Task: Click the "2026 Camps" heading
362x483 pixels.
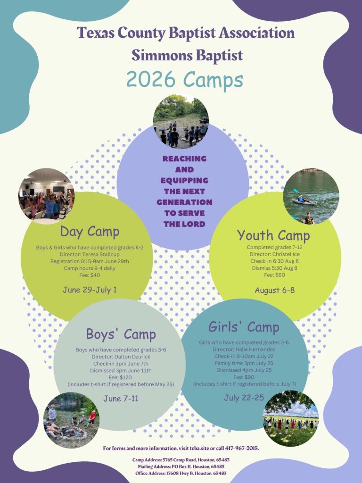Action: (x=185, y=80)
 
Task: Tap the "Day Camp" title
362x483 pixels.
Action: (x=90, y=232)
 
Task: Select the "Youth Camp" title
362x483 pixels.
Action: (x=273, y=236)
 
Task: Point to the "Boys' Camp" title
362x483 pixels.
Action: (x=121, y=334)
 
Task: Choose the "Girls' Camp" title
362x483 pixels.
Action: (x=244, y=327)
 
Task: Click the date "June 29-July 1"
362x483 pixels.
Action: (x=90, y=290)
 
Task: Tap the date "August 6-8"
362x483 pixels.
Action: (x=275, y=290)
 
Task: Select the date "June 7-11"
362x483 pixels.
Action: (x=121, y=399)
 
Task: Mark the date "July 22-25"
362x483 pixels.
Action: (x=244, y=398)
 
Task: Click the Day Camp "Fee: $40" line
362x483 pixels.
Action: (x=90, y=275)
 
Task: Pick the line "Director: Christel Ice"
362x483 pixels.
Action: (x=275, y=254)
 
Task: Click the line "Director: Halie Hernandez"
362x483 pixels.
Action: (x=244, y=350)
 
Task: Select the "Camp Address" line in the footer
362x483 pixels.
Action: (x=181, y=460)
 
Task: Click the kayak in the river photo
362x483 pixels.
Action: (x=303, y=202)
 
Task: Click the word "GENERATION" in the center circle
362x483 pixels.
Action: (x=184, y=202)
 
